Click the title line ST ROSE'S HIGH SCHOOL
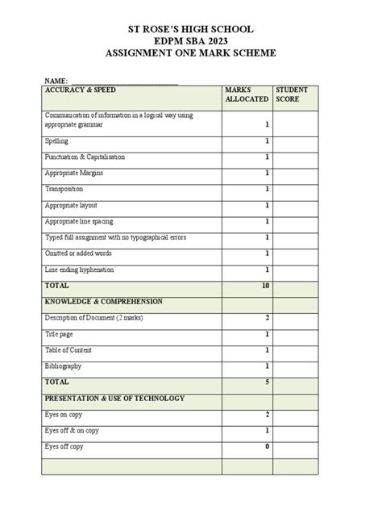click(190, 29)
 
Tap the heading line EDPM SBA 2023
click(190, 41)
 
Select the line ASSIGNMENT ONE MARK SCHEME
click(190, 53)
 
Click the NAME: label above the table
click(56, 82)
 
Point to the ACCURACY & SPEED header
click(76, 90)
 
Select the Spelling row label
click(56, 141)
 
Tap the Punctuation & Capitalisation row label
click(85, 157)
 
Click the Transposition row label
click(64, 189)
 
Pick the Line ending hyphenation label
click(79, 270)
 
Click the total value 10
click(265, 286)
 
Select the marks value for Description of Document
click(267, 318)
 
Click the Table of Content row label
click(69, 350)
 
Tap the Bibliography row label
click(63, 366)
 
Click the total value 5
click(267, 382)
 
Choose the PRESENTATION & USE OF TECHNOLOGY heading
click(114, 399)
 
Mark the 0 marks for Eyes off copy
click(267, 446)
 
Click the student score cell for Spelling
click(295, 141)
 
